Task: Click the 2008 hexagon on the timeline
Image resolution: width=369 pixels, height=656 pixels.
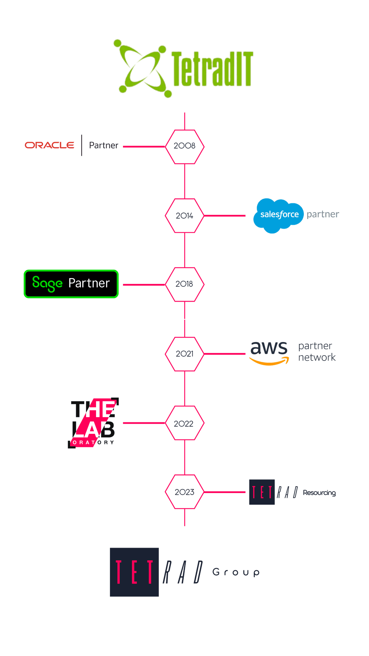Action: tap(184, 146)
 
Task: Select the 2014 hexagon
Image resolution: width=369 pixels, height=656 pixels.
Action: tap(184, 216)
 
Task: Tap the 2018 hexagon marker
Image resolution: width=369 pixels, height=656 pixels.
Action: tap(184, 284)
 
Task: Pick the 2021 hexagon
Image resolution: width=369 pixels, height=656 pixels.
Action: tap(184, 354)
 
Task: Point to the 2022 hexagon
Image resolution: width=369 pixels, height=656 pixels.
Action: tap(184, 423)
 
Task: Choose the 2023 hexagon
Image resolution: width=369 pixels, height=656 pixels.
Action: tap(184, 492)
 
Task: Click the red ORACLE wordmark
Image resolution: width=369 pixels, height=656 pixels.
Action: tap(50, 146)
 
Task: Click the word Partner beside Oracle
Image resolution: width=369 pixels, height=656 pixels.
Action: tap(104, 146)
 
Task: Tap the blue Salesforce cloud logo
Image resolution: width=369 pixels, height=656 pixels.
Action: tap(278, 215)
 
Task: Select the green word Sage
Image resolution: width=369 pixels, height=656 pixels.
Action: tap(47, 284)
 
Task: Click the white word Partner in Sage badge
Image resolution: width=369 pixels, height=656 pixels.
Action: tap(89, 283)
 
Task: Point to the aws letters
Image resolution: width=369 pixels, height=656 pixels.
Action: tap(269, 348)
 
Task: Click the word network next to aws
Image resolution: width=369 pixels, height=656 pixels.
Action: tap(317, 357)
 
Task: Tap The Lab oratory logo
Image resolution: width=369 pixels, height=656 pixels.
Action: tap(93, 423)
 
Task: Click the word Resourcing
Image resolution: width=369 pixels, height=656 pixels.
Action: tap(319, 493)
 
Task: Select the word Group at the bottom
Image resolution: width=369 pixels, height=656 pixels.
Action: tap(236, 572)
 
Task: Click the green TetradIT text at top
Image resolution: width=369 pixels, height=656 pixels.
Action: tap(212, 68)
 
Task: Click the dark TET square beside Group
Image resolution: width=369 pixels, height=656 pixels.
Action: tap(134, 572)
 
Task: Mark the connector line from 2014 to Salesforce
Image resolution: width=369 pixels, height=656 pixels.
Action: tap(225, 216)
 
